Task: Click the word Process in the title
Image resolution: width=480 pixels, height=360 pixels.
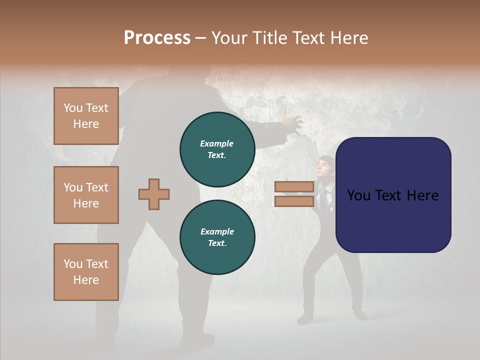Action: point(157,38)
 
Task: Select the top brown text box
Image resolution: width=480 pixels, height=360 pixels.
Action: point(86,116)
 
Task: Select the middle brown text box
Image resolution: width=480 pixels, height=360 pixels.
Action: point(86,195)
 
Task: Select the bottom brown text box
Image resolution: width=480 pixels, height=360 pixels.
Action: point(86,272)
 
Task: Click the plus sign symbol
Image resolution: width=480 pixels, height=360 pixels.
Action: point(154,194)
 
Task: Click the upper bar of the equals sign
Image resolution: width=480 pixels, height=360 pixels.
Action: point(294,187)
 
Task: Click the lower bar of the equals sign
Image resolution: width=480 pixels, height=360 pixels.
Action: point(294,201)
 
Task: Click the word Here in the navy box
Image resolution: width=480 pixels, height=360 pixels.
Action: point(423,195)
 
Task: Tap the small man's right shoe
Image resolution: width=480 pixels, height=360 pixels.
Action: point(359,315)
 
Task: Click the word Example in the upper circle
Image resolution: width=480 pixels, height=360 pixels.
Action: point(217,143)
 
